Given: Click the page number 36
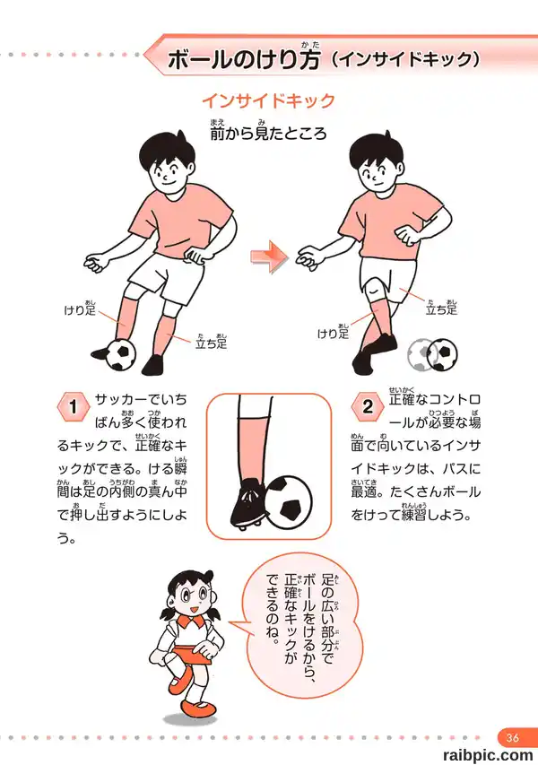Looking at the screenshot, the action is click(x=512, y=737).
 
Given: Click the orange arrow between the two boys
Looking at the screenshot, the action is click(x=269, y=256).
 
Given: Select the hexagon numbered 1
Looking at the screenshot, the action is click(x=74, y=406).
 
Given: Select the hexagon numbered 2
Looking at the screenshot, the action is click(x=368, y=406).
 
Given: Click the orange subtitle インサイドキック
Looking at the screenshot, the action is click(x=269, y=101).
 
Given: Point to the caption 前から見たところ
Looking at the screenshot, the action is click(x=268, y=132).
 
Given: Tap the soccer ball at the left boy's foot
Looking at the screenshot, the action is click(x=120, y=354).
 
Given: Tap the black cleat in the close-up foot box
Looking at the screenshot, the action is click(x=247, y=505).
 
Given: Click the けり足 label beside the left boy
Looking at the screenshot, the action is click(x=80, y=309).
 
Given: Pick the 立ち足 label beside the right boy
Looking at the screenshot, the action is click(x=441, y=308).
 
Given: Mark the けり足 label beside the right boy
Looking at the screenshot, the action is click(x=334, y=332).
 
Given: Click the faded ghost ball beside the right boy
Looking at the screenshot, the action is click(x=420, y=354).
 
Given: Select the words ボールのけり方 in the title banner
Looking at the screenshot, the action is click(x=244, y=59).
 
